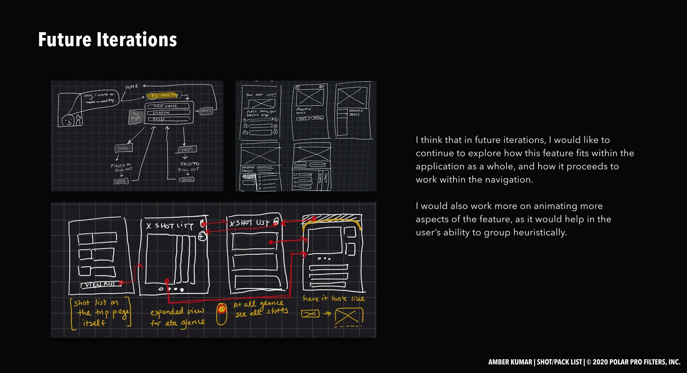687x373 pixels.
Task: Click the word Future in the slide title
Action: pos(65,39)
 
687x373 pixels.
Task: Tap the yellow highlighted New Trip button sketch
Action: pos(164,95)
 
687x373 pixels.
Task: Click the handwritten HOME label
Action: pos(132,87)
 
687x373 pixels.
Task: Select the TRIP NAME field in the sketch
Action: pos(168,106)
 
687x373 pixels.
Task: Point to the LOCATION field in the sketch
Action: pos(168,112)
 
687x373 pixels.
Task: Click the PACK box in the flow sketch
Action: pos(123,148)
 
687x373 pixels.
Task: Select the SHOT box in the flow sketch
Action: pos(188,149)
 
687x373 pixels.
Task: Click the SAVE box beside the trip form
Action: pos(206,111)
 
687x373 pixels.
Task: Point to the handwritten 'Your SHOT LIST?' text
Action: pos(261,95)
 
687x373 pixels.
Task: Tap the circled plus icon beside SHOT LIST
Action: pos(202,236)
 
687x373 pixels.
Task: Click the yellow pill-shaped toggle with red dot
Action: pos(222,314)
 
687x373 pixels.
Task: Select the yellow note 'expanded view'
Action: pos(177,312)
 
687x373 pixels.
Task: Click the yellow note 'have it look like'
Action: pos(334,298)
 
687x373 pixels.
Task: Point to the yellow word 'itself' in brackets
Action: pos(93,323)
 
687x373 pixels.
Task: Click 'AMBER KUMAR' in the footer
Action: pos(510,362)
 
